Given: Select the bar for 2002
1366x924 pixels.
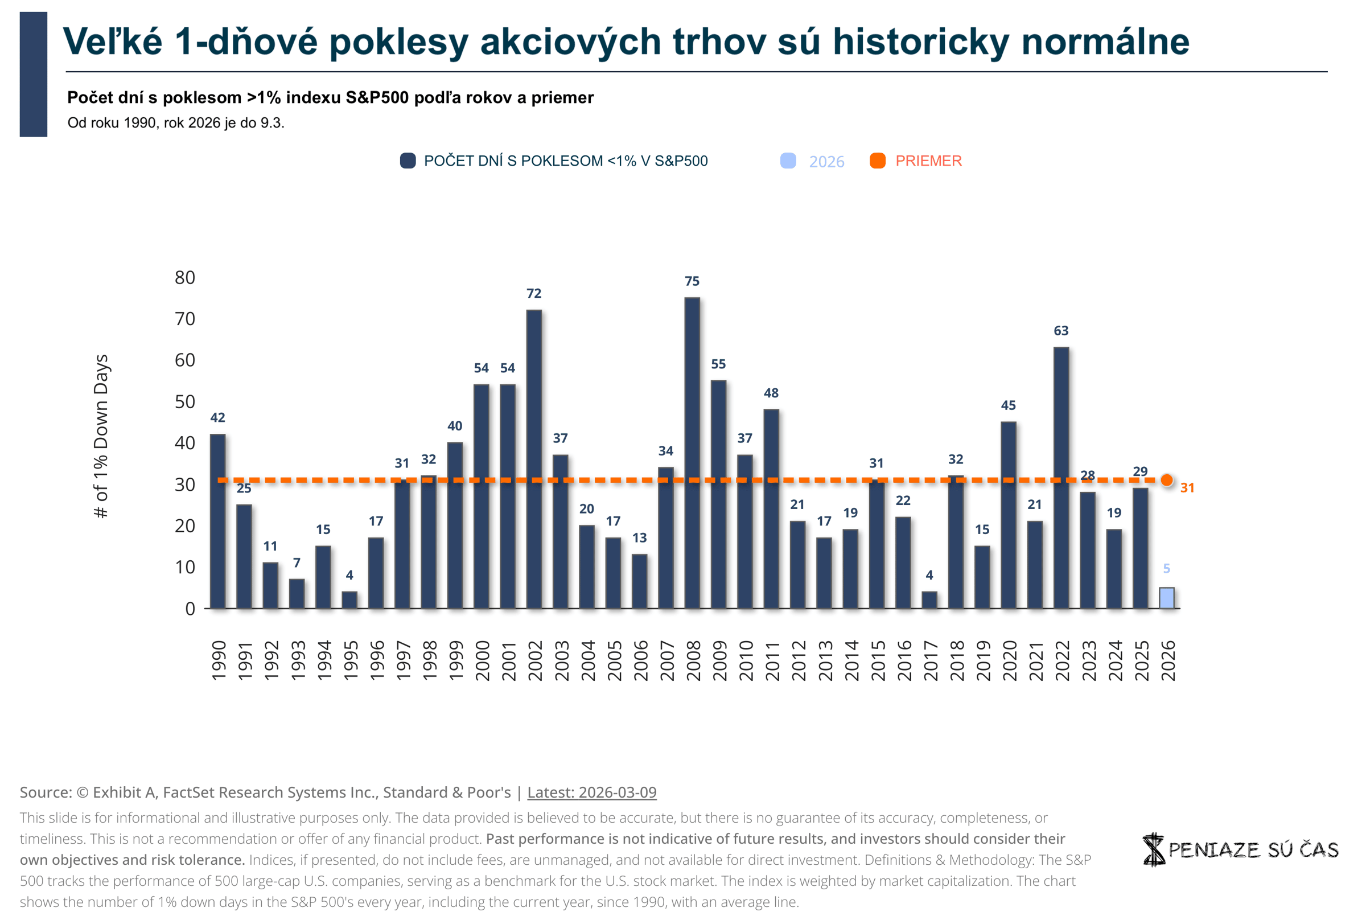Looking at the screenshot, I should tap(534, 458).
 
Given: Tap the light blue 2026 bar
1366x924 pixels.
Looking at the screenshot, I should tap(1166, 598).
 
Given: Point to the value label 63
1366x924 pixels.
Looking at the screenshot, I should tap(1061, 331).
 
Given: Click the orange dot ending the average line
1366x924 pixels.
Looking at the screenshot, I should tap(1167, 481).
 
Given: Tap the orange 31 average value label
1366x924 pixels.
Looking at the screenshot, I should tap(1187, 488).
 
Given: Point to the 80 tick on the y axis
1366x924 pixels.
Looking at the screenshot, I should tap(184, 277).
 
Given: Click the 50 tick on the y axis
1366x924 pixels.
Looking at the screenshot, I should tap(184, 401).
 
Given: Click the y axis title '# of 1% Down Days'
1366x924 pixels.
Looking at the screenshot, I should tap(101, 436).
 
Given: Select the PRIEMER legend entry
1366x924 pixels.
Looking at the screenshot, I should tap(928, 161).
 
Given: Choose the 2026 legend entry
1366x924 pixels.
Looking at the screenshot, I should tap(826, 162).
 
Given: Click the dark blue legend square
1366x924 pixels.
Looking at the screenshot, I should tap(408, 161).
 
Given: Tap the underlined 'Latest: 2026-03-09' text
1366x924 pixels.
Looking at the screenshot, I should tap(591, 792).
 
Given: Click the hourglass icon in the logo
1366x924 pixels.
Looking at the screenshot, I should tap(1153, 849).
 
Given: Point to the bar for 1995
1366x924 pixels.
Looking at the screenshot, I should tap(349, 599).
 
